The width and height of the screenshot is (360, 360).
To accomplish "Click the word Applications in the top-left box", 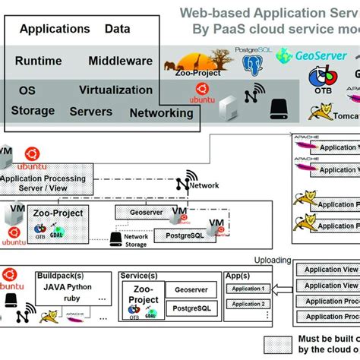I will tap(54, 30).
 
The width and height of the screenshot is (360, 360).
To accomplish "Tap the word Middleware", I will tap(120, 61).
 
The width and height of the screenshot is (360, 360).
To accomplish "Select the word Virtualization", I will tap(115, 90).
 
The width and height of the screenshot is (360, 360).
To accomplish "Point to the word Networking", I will tap(161, 113).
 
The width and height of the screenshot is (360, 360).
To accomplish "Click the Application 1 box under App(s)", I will tap(247, 289).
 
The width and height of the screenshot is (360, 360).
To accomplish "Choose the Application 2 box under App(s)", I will tap(247, 304).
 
